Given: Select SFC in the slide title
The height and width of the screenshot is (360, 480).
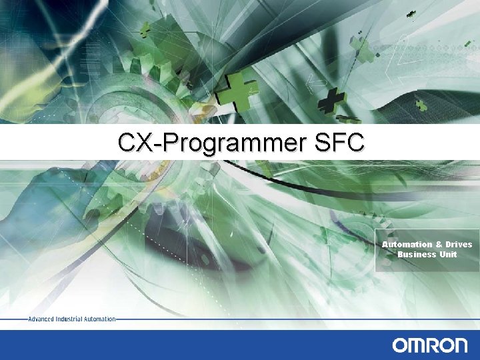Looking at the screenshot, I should pos(344,142).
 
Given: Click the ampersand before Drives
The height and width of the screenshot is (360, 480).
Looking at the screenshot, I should pos(439,244).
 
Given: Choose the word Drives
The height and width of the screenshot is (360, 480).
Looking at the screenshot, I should pos(459,244).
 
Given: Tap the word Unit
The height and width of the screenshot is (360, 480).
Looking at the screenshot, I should pos(448,254).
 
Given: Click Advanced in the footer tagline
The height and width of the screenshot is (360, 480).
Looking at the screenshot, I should pos(41,319).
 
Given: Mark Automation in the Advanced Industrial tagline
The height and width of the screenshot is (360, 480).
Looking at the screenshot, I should pos(100,319).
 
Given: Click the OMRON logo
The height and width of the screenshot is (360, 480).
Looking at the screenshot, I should pos(430,345).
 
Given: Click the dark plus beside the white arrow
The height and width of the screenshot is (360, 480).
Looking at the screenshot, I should pos(331,102).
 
